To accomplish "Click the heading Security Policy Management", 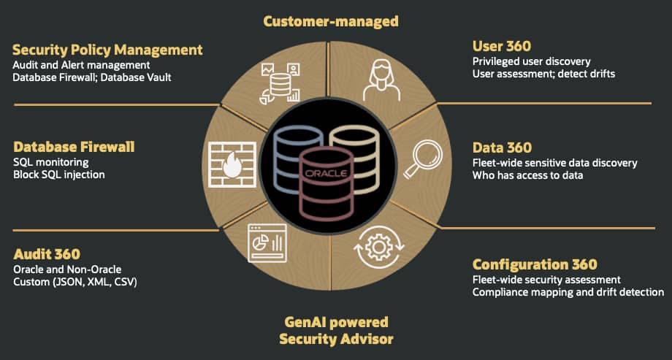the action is pos(107,50).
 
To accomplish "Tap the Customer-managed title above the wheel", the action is pos(330,21).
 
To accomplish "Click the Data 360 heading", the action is pos(502,148).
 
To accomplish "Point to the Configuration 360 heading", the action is pos(535,264).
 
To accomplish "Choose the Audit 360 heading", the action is pos(47,254).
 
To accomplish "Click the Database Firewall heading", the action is pos(74,147).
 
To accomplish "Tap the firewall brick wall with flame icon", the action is pos(232,164).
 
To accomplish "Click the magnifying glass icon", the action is pos(419,159).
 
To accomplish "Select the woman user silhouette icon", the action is pos(381,80).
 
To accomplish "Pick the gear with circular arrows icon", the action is pos(379,246).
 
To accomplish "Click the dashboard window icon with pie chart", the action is pos(267,243).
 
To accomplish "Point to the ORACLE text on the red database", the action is pos(326,174).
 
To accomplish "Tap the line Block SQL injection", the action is pos(58,175).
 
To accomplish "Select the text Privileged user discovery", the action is pos(532,62).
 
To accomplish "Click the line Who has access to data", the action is pos(527,175).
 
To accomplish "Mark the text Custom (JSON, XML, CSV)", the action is pos(75,283).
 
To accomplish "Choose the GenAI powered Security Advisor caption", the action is pos(336,331).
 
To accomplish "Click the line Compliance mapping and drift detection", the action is pos(568,292).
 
